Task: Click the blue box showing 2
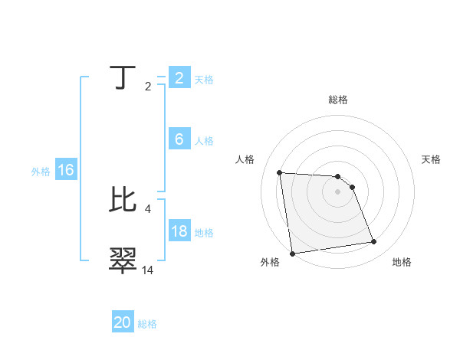point(179,77)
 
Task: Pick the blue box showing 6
point(179,139)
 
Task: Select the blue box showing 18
point(179,231)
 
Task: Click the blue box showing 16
point(65,170)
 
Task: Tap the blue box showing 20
point(123,322)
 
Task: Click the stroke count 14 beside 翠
point(148,270)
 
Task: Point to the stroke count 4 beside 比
point(148,208)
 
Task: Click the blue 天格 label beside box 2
point(204,80)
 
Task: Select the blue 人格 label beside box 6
point(204,141)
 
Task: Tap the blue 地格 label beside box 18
point(204,233)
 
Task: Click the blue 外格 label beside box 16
point(41,172)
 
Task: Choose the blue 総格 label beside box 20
point(147,324)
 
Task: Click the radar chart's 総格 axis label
point(338,100)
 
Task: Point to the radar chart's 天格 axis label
point(432,159)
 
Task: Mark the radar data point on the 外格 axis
point(292,254)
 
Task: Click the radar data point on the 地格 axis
point(374,242)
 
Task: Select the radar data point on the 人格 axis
point(280,172)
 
